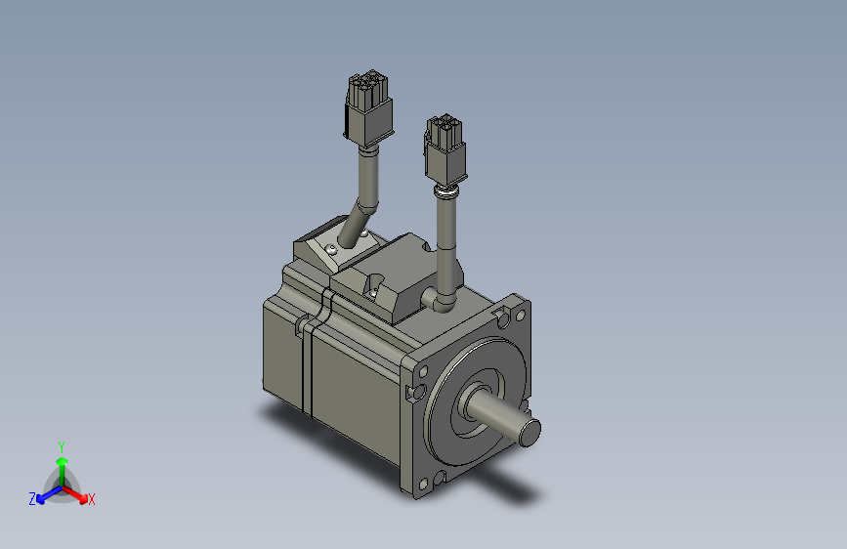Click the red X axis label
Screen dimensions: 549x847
pyautogui.click(x=92, y=500)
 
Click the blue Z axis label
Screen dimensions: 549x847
pyautogui.click(x=32, y=498)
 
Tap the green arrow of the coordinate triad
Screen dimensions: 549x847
pyautogui.click(x=62, y=465)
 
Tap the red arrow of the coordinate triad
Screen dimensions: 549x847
pyautogui.click(x=78, y=492)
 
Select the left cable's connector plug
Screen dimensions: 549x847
pyautogui.click(x=368, y=109)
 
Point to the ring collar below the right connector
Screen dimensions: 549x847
pyautogui.click(x=445, y=192)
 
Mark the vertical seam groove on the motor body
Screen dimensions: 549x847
pyautogui.click(x=306, y=366)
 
